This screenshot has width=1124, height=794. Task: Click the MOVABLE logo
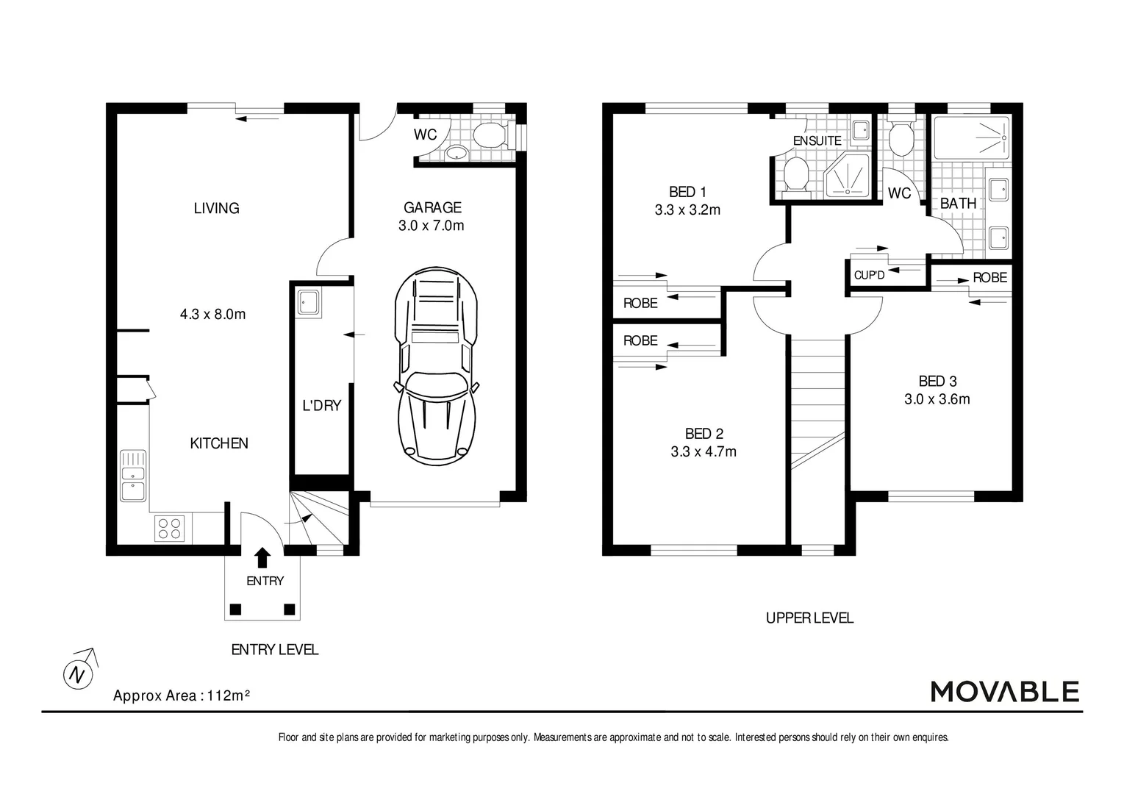(x=1004, y=691)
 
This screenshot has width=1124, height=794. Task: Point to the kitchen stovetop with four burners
(x=169, y=529)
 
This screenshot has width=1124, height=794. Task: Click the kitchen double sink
(x=133, y=475)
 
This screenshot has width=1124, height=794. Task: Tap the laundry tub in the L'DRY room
(x=308, y=302)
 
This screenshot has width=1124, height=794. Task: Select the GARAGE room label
(x=432, y=207)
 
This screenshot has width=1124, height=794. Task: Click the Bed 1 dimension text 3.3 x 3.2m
(x=687, y=210)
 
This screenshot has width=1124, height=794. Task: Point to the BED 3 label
(x=937, y=381)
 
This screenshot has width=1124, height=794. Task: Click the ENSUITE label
(x=817, y=140)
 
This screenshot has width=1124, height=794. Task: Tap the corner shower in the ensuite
(x=848, y=176)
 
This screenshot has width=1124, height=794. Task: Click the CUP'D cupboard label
(x=869, y=276)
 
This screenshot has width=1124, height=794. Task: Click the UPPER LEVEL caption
(x=809, y=618)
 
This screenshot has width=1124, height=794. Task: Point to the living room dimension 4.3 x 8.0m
(x=212, y=314)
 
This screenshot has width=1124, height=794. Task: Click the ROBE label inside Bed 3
(x=989, y=277)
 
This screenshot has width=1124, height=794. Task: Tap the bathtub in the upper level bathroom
(x=970, y=137)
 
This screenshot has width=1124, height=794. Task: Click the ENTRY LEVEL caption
(x=274, y=649)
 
